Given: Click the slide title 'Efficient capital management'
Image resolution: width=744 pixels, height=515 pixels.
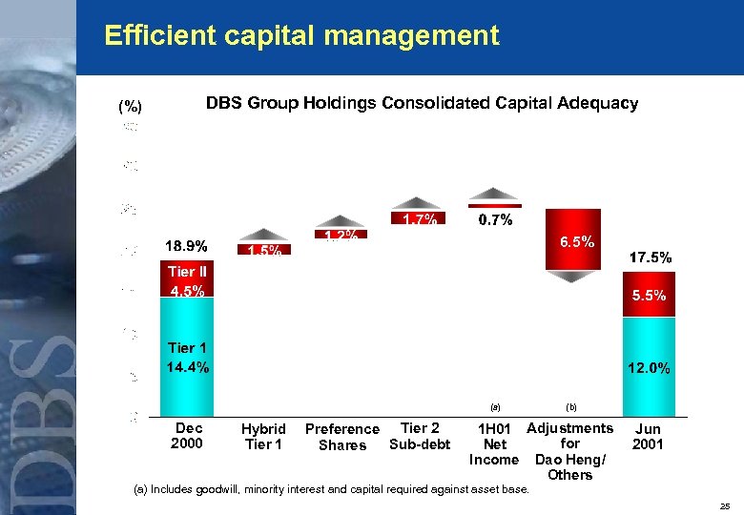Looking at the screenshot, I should (x=301, y=36).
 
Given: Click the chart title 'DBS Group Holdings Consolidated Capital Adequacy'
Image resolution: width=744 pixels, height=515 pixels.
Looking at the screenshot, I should (x=422, y=103).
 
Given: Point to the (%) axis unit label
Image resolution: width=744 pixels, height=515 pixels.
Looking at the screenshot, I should (x=130, y=107).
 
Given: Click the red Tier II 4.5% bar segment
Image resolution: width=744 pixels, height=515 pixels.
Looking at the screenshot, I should (x=187, y=280).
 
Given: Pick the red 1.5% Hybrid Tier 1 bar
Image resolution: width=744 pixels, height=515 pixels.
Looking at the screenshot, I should (x=263, y=250).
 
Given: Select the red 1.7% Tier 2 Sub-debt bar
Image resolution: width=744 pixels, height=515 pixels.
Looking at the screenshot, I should (x=420, y=219).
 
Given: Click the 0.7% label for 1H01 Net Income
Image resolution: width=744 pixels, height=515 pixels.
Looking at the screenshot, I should (x=494, y=221).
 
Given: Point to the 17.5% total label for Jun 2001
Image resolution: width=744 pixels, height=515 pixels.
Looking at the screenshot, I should (x=649, y=257).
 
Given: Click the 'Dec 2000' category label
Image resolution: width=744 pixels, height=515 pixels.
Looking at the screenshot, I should (x=187, y=436).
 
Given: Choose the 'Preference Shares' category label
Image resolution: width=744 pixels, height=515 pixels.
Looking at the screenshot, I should (x=341, y=437).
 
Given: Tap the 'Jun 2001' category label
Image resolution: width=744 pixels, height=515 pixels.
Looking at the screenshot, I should (x=649, y=437).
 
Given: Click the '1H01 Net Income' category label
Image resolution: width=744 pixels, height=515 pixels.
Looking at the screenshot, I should (x=494, y=444).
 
